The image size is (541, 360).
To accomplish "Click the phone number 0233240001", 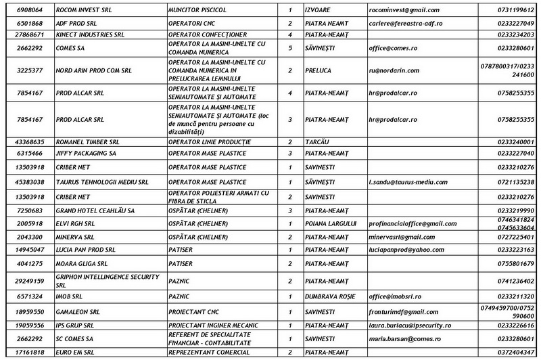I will (515, 142).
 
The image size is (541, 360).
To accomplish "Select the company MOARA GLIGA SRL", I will (82, 263).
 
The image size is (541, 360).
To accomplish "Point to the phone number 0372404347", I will (515, 353).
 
